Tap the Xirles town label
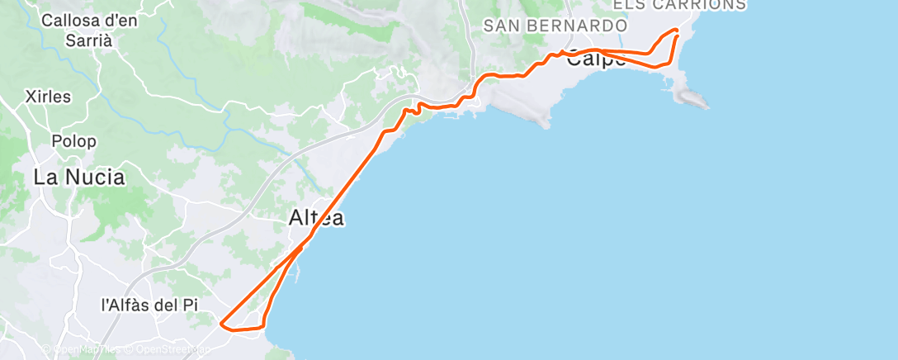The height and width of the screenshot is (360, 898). [x=48, y=97]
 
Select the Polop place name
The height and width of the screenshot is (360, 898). [x=73, y=141]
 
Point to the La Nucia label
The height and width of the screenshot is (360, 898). [x=79, y=177]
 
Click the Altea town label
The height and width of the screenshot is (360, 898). [x=316, y=219]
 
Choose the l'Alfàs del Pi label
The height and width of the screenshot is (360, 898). [x=149, y=305]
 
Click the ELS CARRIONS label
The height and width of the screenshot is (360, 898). [x=679, y=5]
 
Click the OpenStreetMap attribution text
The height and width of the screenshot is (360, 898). [x=167, y=349]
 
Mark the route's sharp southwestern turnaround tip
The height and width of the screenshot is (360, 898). [x=221, y=323]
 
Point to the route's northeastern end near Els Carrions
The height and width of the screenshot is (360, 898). [x=678, y=31]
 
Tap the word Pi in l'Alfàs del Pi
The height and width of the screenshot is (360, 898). [x=191, y=305]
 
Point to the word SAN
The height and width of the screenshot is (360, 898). [x=499, y=26]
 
